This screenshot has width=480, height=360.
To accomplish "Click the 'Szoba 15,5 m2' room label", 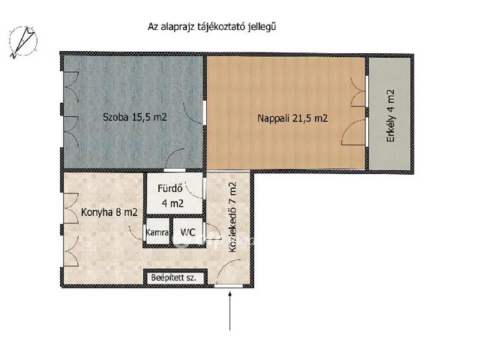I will click(134, 117).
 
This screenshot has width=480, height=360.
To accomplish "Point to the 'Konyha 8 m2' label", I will click(109, 212).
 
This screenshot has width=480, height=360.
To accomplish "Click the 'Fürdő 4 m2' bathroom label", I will click(174, 196).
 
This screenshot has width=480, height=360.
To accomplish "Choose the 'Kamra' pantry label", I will click(157, 232).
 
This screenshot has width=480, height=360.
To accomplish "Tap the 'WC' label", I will click(187, 232).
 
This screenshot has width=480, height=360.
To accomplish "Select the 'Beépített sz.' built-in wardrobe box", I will click(174, 277).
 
